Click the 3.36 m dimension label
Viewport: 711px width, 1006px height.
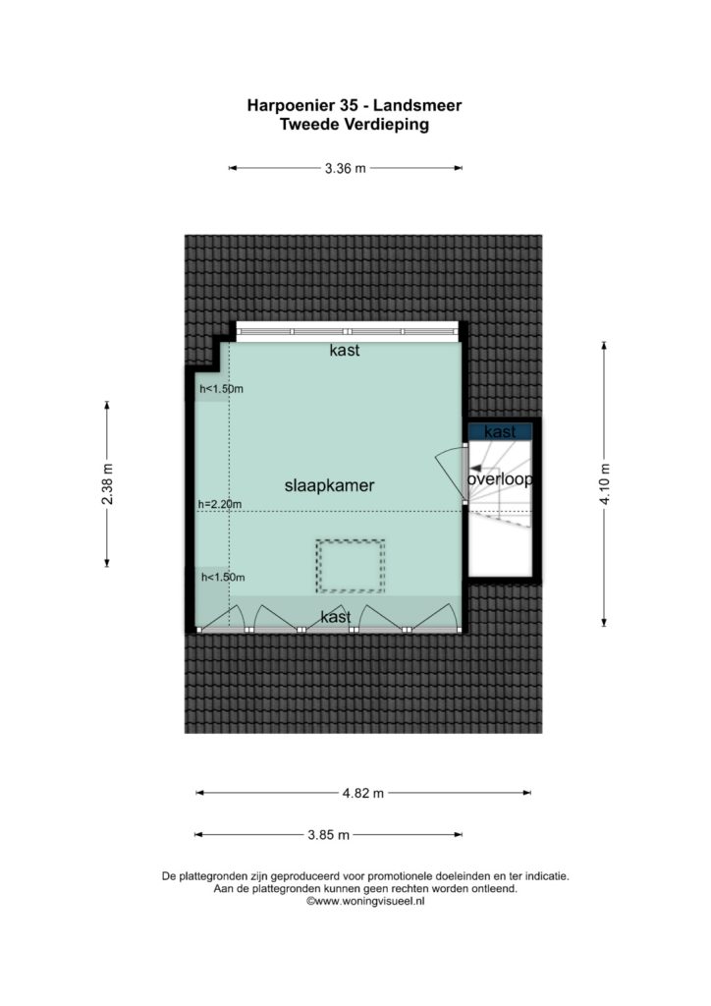tap(346, 169)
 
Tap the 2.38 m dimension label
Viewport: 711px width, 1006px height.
tap(107, 483)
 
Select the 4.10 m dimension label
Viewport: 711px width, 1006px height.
tap(605, 483)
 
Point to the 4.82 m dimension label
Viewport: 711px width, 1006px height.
tap(363, 793)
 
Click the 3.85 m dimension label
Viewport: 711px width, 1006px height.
tap(328, 835)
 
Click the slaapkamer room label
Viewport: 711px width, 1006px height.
tap(330, 485)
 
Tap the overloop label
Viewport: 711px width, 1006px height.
tap(500, 479)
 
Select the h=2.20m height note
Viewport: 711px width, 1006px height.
tap(220, 504)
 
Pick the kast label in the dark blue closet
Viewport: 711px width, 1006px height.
tap(500, 432)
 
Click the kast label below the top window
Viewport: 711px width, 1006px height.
tap(345, 351)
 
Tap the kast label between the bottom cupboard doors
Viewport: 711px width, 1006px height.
tap(336, 617)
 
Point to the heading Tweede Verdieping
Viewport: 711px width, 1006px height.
tap(355, 125)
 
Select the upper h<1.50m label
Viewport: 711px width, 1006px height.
tap(221, 389)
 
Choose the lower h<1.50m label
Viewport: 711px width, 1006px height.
tap(223, 578)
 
